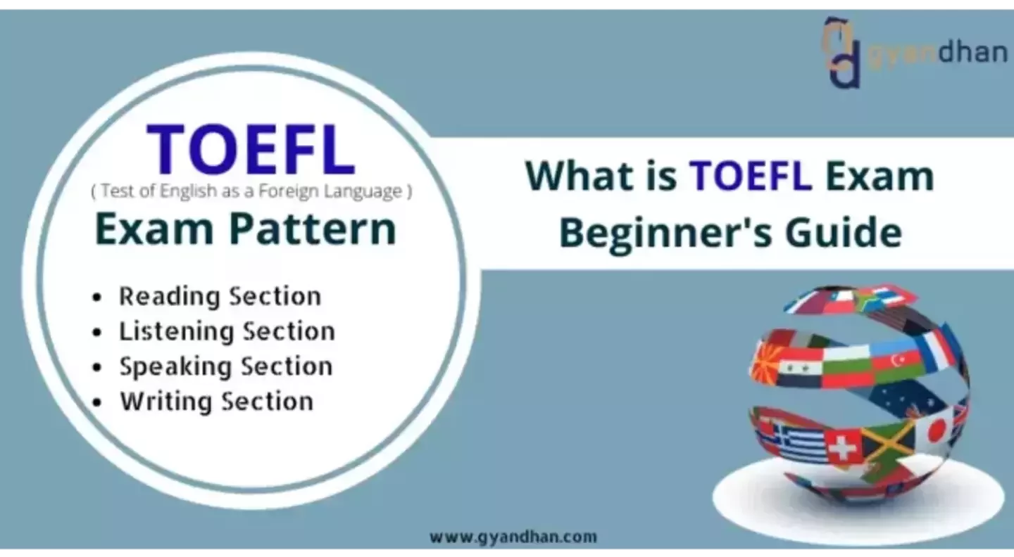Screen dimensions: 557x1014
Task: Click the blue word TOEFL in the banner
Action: click(750, 177)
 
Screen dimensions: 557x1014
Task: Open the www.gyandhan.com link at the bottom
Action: click(513, 537)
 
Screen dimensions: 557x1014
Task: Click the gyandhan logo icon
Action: click(842, 52)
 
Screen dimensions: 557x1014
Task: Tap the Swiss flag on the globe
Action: click(842, 447)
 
